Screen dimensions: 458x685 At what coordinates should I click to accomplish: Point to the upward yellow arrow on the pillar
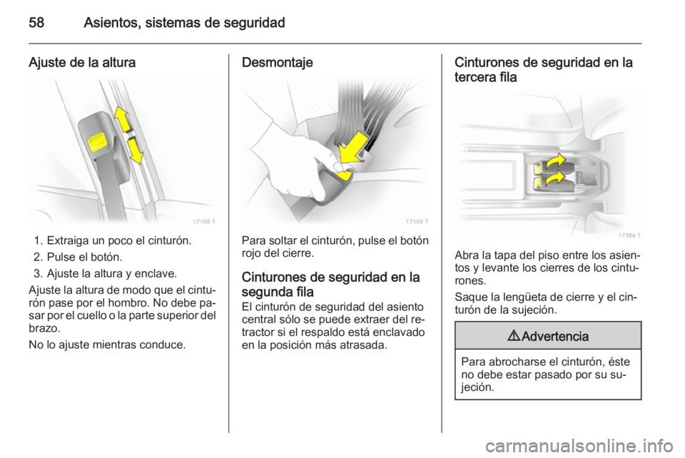122,120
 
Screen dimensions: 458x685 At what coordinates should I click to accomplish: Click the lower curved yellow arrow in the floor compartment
555,177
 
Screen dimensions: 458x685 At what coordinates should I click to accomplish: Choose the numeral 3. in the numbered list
39,273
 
